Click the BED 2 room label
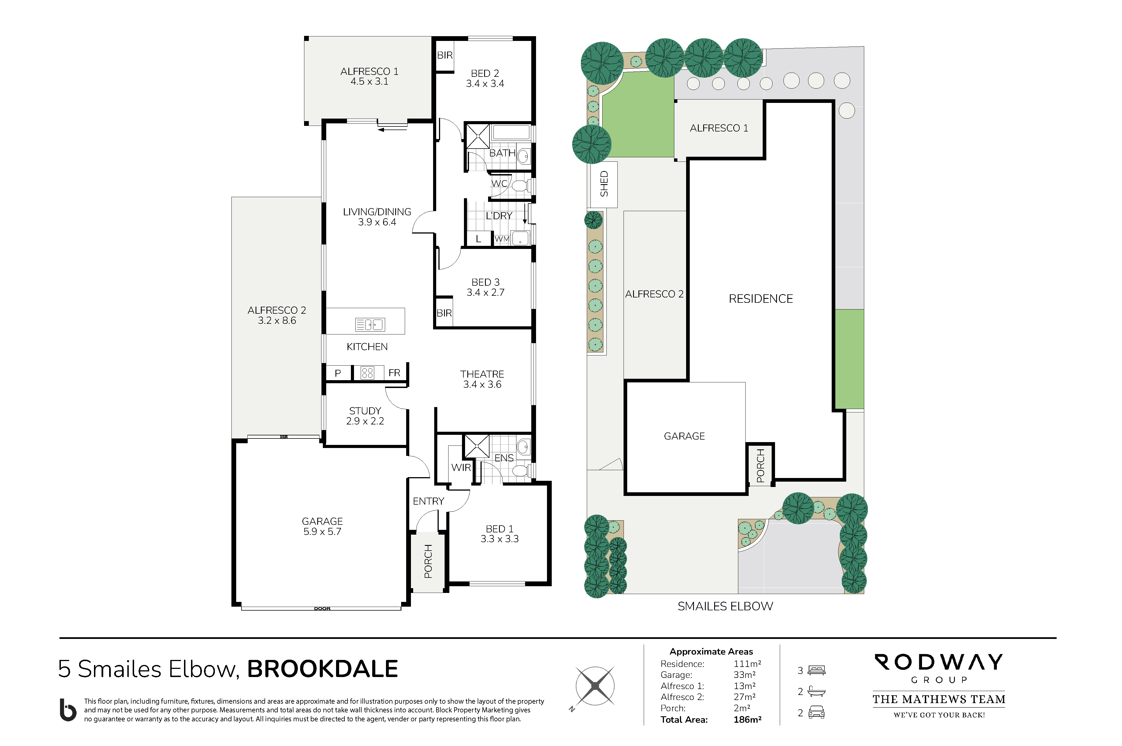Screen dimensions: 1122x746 pyautogui.click(x=485, y=73)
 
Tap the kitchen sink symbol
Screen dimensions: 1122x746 pyautogui.click(x=370, y=324)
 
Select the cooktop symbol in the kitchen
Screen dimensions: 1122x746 pyautogui.click(x=367, y=373)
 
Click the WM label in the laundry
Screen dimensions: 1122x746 pyautogui.click(x=502, y=239)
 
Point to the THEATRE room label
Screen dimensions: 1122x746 pyautogui.click(x=482, y=374)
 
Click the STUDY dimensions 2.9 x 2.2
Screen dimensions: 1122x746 pyautogui.click(x=365, y=421)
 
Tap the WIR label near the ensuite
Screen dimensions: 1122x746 pyautogui.click(x=461, y=467)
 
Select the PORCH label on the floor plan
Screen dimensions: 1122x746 pyautogui.click(x=428, y=562)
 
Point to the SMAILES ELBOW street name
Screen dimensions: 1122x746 pyautogui.click(x=725, y=606)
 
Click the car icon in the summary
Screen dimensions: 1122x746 pyautogui.click(x=816, y=712)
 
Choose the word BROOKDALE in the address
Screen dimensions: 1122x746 pyautogui.click(x=322, y=669)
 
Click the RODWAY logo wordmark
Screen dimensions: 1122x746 pyautogui.click(x=939, y=662)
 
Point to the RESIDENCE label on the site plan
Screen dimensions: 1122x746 pyautogui.click(x=761, y=299)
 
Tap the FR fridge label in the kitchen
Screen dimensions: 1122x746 pyautogui.click(x=394, y=373)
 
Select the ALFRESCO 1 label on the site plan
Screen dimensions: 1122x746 pyautogui.click(x=719, y=128)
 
